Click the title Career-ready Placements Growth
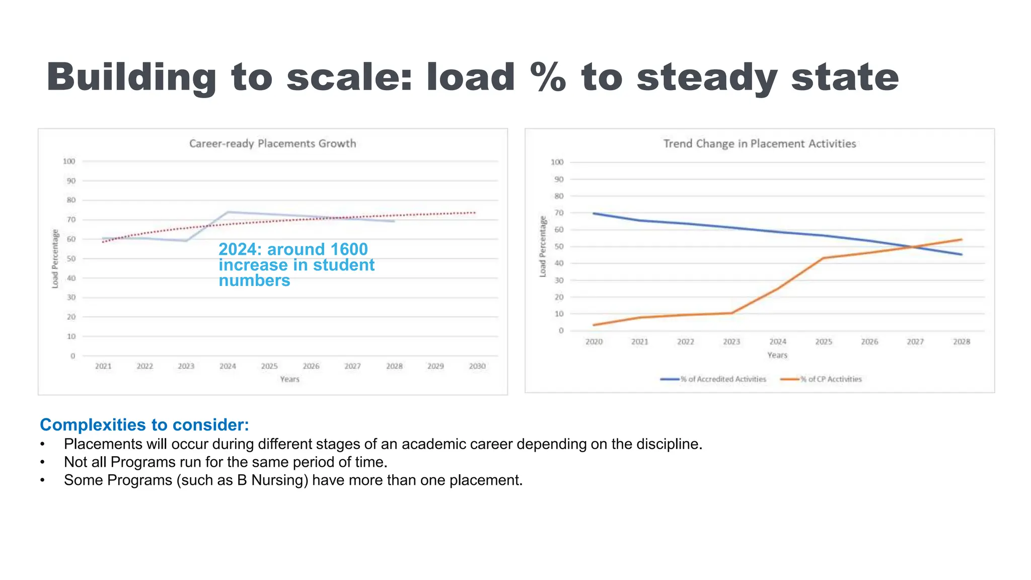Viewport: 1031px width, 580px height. [x=272, y=144]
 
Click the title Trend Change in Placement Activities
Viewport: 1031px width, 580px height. [x=759, y=144]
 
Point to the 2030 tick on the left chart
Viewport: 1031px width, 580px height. [x=477, y=366]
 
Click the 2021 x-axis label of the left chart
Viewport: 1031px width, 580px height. [x=103, y=366]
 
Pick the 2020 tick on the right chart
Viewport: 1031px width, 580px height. [x=594, y=342]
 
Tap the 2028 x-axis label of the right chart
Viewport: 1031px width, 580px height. [x=961, y=342]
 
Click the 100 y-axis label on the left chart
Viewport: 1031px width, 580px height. [x=69, y=162]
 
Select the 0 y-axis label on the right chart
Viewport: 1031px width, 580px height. [x=561, y=331]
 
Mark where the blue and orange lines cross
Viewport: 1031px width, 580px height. [x=914, y=247]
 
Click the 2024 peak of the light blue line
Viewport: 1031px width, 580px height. [x=228, y=212]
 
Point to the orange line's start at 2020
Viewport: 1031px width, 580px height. [x=594, y=325]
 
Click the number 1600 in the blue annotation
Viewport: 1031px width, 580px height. [x=348, y=250]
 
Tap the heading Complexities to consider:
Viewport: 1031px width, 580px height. [x=144, y=425]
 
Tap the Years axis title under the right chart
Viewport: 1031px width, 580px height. [x=777, y=355]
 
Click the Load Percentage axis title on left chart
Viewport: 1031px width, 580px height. [x=55, y=259]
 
